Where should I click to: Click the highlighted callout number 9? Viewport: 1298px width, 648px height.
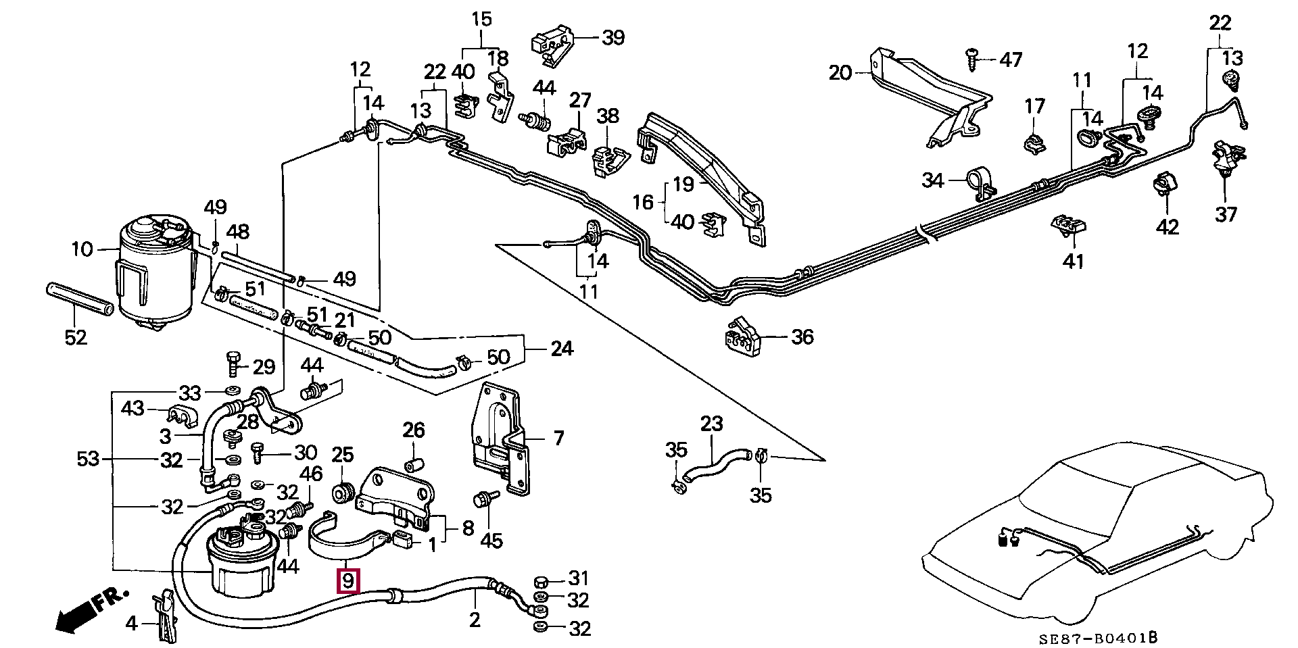click(x=348, y=580)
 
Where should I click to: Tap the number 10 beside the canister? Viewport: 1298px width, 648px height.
click(x=82, y=249)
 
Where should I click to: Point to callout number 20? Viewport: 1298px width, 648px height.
click(x=840, y=72)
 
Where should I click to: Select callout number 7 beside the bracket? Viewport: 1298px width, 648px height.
click(x=558, y=438)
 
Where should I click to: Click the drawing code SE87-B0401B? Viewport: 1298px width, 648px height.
click(x=1099, y=637)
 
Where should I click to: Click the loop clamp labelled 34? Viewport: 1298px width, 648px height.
click(x=980, y=182)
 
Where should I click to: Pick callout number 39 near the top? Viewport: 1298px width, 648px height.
click(x=612, y=37)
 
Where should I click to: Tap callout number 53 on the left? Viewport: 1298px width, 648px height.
click(x=88, y=459)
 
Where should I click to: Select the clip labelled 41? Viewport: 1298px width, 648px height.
click(x=1068, y=226)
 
